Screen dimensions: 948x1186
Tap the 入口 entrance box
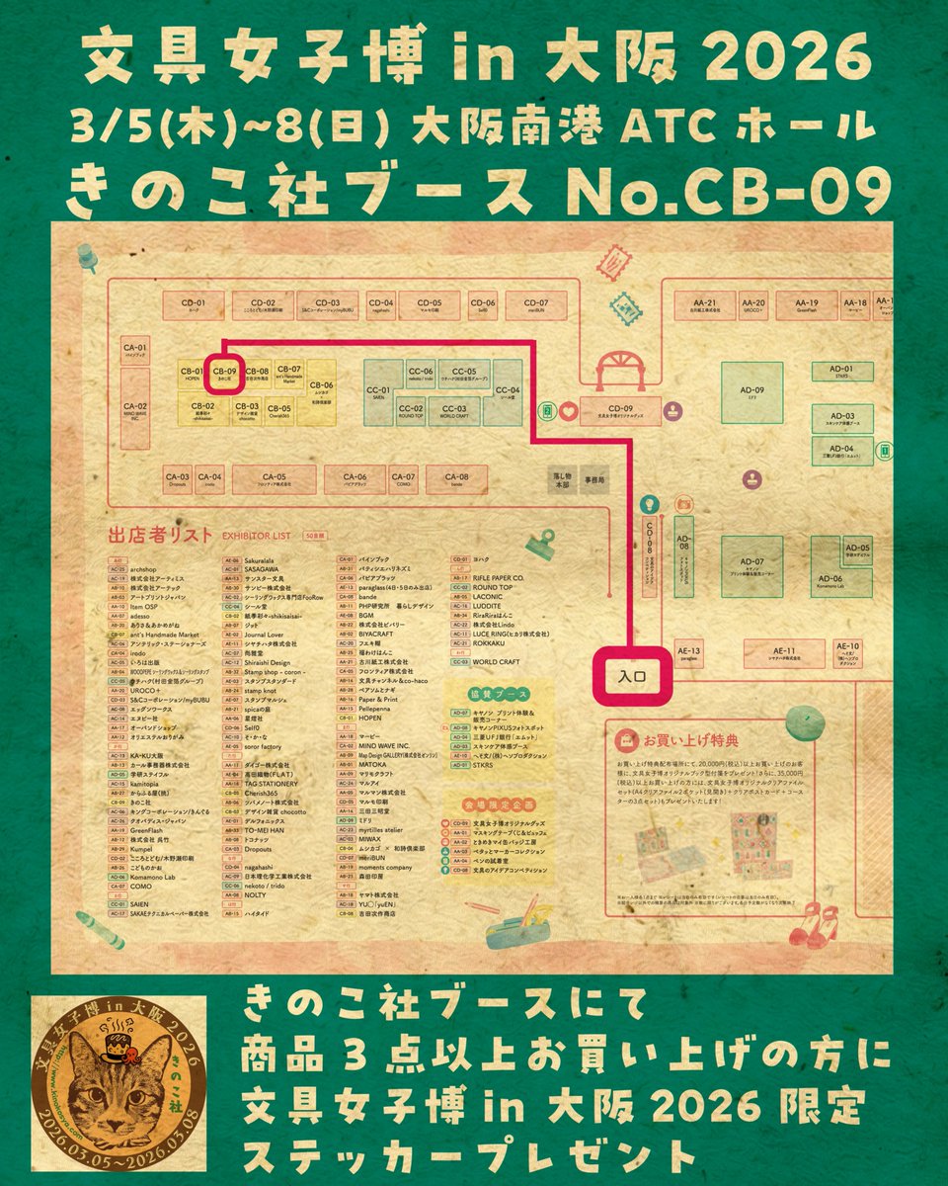(x=632, y=678)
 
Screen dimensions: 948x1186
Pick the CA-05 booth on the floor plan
(x=274, y=479)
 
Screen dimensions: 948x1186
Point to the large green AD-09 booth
(x=751, y=394)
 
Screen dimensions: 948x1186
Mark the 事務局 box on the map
(x=595, y=478)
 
